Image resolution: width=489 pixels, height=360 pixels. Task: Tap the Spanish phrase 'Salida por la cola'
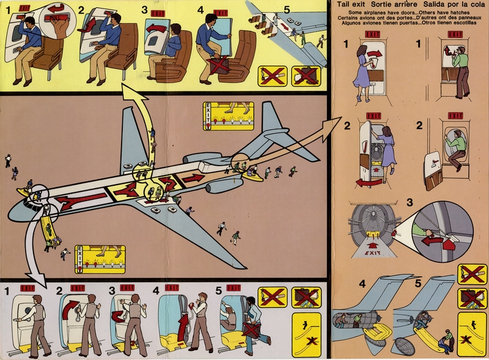(x=447, y=6)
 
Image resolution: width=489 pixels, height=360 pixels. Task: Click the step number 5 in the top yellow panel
(x=287, y=9)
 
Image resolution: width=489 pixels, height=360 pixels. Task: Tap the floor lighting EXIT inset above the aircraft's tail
(x=227, y=116)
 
